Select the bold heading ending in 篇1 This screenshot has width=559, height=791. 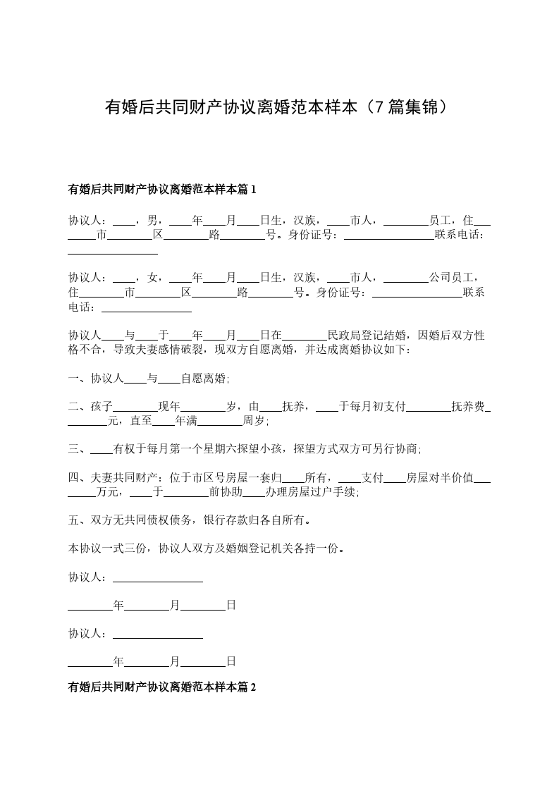click(162, 189)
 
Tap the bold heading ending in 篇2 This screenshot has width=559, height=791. click(162, 685)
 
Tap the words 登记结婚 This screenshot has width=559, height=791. click(390, 335)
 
